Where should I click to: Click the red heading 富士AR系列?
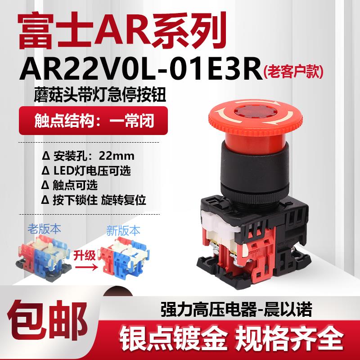click(x=118, y=27)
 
